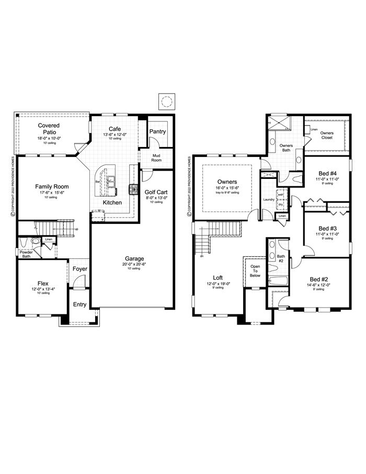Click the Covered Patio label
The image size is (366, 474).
pos(49,129)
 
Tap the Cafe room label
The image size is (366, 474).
pos(115,129)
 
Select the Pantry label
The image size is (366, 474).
pos(157,131)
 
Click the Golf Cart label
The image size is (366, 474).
pos(156,192)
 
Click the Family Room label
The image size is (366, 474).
pos(52,186)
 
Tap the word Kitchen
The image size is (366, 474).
pos(112,202)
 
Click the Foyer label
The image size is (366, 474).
pos(80,269)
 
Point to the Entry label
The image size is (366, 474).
pos(80,304)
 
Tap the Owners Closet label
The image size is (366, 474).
pos(327,135)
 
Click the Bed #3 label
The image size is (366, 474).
pos(327,229)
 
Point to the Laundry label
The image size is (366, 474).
pos(269,199)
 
